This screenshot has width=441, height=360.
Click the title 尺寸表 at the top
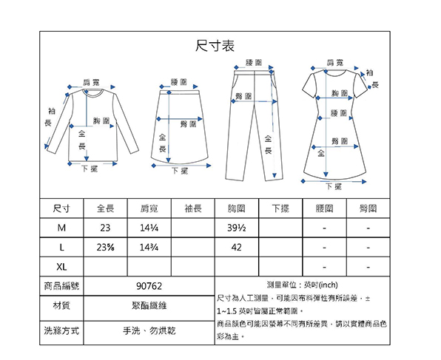215,46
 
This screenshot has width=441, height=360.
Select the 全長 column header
106,208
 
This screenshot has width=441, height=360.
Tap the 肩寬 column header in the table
149,208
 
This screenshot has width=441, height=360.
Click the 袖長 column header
193,208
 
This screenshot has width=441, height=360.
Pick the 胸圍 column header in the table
237,208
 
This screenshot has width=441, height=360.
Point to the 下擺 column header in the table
280,208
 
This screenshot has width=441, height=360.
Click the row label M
61,228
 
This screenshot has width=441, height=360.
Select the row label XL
61,266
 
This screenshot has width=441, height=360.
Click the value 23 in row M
105,228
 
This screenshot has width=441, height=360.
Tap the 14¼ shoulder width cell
149,228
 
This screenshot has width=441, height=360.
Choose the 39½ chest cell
237,228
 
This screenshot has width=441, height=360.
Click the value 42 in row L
237,248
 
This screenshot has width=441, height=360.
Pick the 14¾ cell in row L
149,248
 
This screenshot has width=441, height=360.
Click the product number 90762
149,286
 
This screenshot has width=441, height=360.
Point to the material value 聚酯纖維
149,305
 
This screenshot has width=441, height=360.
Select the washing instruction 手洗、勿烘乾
149,330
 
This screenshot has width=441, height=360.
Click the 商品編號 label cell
61,286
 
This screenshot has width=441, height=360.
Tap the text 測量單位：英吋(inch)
303,285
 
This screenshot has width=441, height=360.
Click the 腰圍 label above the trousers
254,63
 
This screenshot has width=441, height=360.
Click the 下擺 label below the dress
334,186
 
